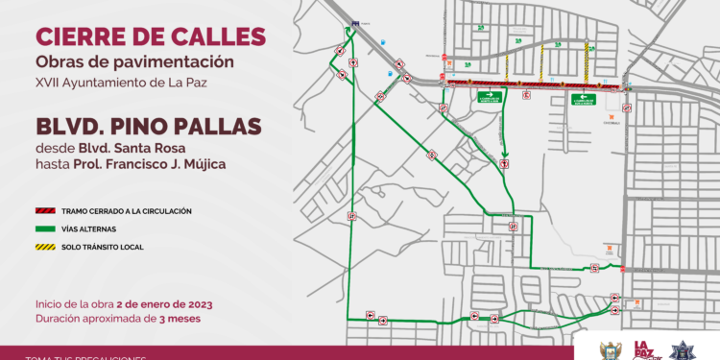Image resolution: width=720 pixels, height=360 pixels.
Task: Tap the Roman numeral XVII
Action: tap(49, 82)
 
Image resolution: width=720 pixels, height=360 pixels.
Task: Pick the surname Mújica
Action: tap(199, 165)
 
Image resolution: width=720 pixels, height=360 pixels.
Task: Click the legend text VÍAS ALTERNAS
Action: tap(89, 229)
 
